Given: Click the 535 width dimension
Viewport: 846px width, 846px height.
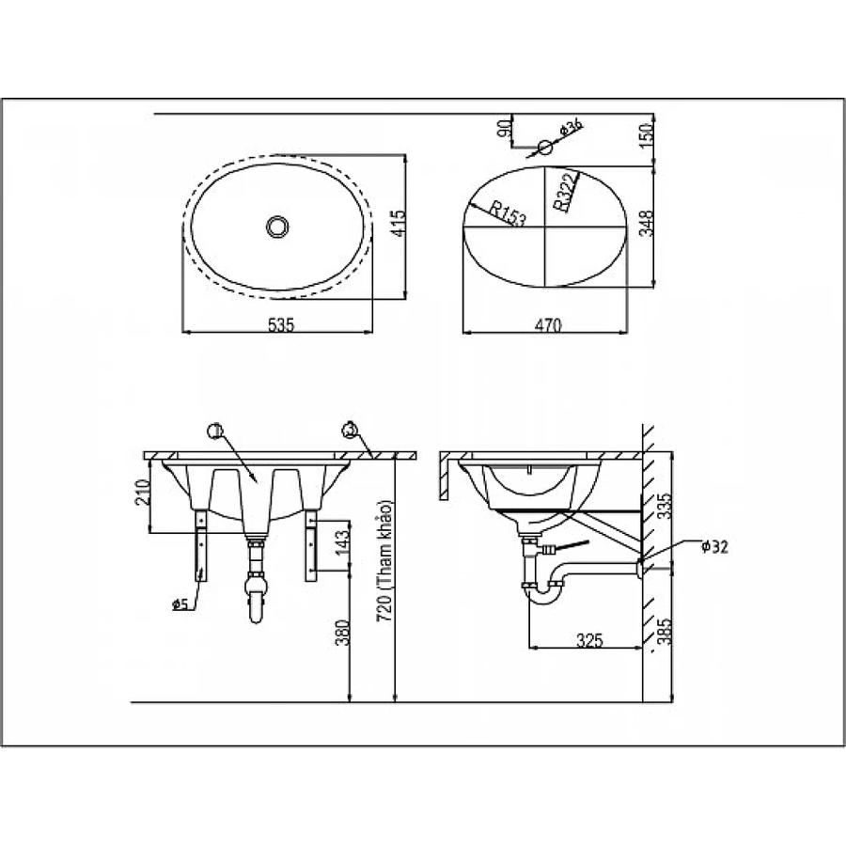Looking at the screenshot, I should point(281,325).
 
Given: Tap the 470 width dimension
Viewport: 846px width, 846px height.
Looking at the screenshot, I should point(548,325).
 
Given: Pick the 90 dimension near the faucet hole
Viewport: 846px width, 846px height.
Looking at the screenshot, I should point(503,129).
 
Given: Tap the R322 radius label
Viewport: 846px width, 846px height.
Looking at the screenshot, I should point(563,193).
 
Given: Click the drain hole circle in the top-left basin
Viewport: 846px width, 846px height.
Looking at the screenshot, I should point(278,227).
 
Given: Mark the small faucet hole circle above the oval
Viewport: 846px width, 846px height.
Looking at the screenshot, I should point(546,147).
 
